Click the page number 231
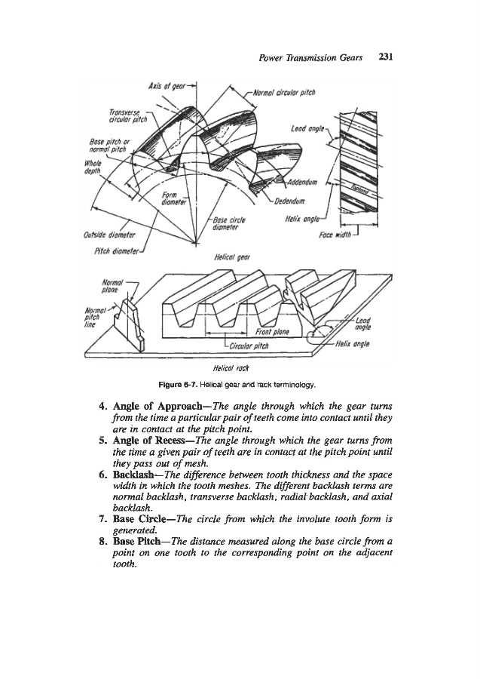[x=387, y=57]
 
